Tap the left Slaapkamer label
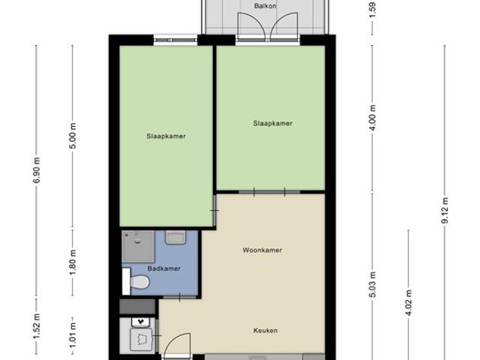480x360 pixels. [x=166, y=136]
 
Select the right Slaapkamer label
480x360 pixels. [x=272, y=124]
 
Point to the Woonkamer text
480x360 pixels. [x=262, y=250]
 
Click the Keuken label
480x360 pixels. [x=265, y=330]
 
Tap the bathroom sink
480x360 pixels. [x=175, y=238]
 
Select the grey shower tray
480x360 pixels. [x=139, y=244]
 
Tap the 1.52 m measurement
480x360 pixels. [x=36, y=330]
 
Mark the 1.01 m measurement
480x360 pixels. [x=73, y=331]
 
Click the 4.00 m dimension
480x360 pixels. [x=373, y=119]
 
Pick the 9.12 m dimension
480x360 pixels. [x=444, y=211]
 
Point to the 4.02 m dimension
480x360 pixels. [x=408, y=304]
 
